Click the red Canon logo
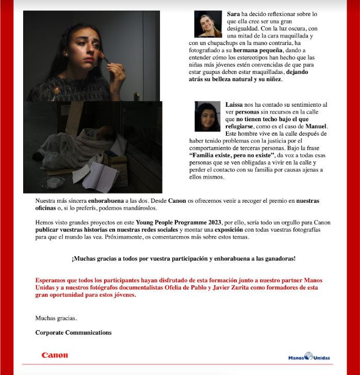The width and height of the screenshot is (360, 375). pos(55,355)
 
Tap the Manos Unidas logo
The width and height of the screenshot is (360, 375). pos(309,356)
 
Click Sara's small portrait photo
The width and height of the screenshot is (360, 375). pos(208,24)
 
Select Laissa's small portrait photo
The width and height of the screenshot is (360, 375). pos(208,116)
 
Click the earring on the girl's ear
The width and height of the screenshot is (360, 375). pos(66,53)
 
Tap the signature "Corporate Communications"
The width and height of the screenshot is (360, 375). pos(73,333)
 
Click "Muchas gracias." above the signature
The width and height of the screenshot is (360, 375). pos(56,318)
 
